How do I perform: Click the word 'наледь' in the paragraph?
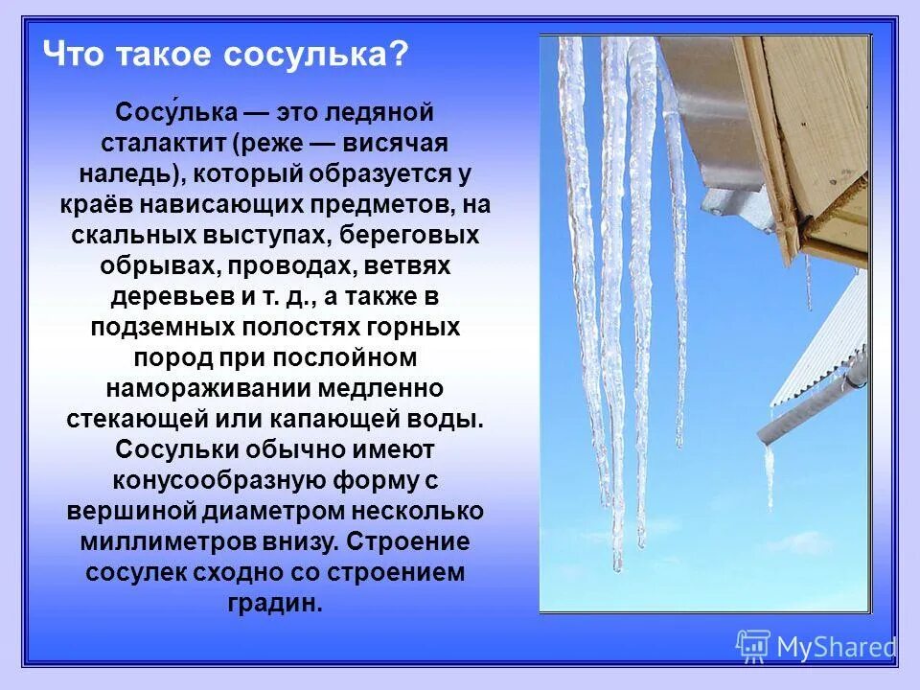click(125, 173)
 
